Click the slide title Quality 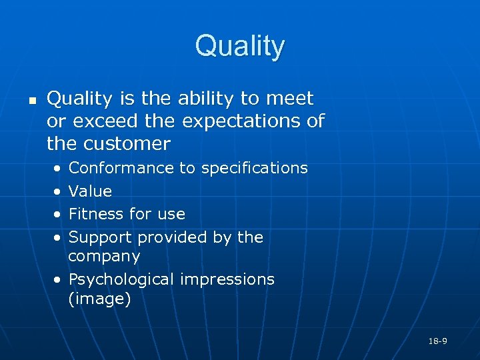240,47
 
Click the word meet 289,99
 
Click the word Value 90,191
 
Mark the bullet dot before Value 59,192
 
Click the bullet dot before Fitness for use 59,215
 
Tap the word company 104,257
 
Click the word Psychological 122,279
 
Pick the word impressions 227,279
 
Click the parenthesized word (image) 99,299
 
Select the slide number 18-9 437,341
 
